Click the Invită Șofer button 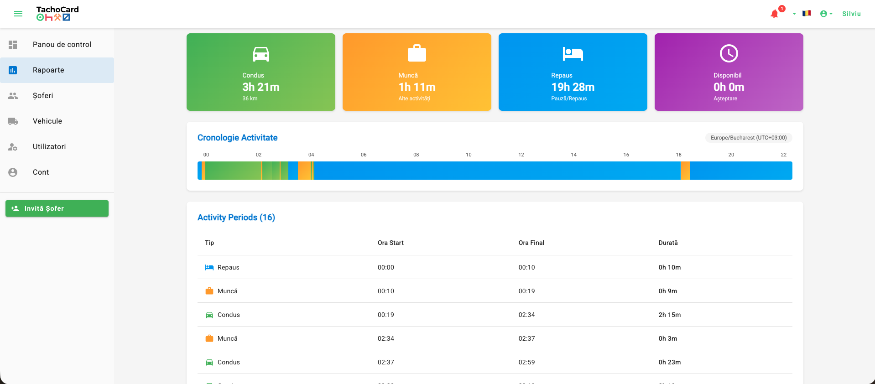pos(57,208)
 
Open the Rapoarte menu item pos(57,70)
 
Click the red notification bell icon pos(774,14)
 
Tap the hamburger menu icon pos(18,14)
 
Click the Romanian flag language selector pos(807,13)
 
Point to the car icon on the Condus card pos(261,54)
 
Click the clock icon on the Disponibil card pos(729,53)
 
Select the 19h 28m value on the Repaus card pos(573,87)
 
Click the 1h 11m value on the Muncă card pos(417,87)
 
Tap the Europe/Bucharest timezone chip pos(749,138)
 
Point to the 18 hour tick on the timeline pos(679,155)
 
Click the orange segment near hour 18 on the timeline pos(685,171)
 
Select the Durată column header pos(668,243)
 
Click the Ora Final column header pos(531,243)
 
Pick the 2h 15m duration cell pos(669,315)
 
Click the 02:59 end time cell pos(526,362)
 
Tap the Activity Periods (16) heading pos(236,218)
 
